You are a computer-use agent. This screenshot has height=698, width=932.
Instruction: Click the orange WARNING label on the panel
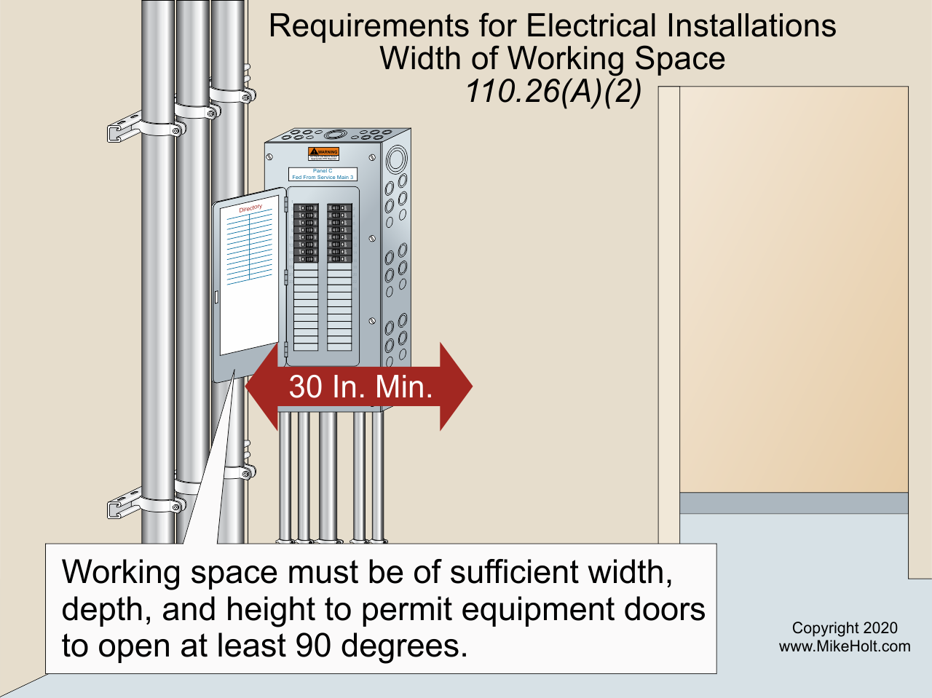pos(323,154)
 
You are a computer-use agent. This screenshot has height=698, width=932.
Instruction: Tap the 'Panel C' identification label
pos(323,174)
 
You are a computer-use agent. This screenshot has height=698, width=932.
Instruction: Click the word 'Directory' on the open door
pos(250,209)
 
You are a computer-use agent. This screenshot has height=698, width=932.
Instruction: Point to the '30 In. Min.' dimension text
pos(360,386)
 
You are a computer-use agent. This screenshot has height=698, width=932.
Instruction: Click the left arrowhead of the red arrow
pos(261,386)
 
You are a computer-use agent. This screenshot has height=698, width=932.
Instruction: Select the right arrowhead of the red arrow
pos(457,386)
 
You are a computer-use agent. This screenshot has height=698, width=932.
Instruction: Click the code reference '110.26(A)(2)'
pos(553,92)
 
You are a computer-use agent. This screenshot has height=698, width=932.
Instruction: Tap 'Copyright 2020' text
pos(845,628)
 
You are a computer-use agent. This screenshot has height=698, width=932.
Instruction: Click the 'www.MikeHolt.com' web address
pos(845,646)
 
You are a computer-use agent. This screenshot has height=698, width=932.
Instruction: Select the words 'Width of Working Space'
pos(552,58)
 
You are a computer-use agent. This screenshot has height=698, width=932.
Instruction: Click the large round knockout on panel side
pos(397,158)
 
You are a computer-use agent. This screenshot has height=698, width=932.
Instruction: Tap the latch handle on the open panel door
pos(216,297)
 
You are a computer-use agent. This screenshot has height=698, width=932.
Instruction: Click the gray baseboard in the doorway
pos(794,503)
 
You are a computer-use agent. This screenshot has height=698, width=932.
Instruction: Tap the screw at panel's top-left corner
pos(270,156)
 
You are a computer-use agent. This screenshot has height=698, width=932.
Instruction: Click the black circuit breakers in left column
pos(306,233)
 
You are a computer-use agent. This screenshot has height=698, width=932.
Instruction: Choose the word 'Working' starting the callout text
pos(121,572)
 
